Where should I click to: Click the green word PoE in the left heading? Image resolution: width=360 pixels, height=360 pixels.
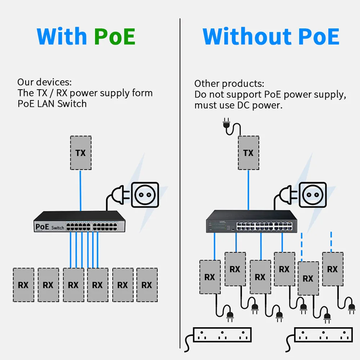[114, 36]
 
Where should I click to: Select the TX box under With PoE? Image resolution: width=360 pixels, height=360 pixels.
[81, 153]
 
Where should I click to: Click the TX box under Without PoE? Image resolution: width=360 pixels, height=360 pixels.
[248, 153]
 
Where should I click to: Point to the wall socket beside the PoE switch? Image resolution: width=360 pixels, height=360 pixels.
[145, 194]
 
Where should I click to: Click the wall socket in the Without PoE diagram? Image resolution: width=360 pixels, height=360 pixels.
[313, 194]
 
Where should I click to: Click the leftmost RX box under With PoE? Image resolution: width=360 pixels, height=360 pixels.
[23, 285]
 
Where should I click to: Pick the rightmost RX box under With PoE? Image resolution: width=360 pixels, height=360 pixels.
[147, 285]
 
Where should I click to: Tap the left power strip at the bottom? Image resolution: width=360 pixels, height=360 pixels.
[222, 334]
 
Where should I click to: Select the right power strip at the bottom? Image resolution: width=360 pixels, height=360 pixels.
[323, 334]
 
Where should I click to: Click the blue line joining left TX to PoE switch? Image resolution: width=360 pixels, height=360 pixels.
[81, 191]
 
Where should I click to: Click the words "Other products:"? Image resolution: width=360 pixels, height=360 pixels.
[229, 84]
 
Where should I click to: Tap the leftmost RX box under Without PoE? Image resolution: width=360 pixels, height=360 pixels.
[210, 277]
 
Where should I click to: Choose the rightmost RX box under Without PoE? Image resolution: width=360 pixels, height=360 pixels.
[332, 269]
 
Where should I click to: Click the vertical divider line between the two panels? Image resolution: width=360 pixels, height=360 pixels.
[180, 180]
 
